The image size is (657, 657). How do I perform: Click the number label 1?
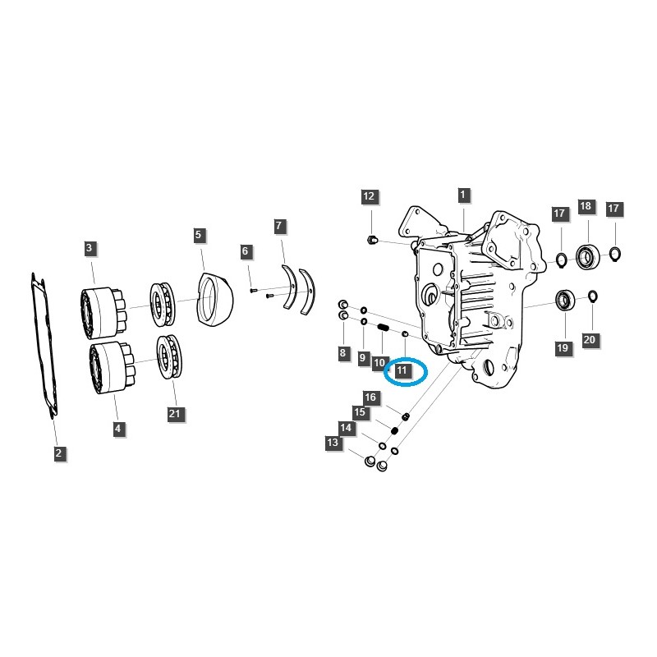pyautogui.click(x=463, y=195)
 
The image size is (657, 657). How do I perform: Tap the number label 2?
pyautogui.click(x=59, y=453)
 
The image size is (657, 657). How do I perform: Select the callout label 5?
pyautogui.click(x=198, y=235)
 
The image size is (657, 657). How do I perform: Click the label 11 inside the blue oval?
pyautogui.click(x=402, y=371)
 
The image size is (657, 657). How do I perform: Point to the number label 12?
pyautogui.click(x=369, y=196)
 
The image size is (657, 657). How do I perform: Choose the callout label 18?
pyautogui.click(x=586, y=206)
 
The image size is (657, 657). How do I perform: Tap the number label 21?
pyautogui.click(x=174, y=413)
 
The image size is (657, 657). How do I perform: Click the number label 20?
pyautogui.click(x=588, y=339)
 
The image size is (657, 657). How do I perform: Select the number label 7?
pyautogui.click(x=279, y=225)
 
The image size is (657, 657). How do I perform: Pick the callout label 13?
pyautogui.click(x=333, y=443)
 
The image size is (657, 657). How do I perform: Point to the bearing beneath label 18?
pyautogui.click(x=586, y=257)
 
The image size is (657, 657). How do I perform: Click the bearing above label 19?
pyautogui.click(x=564, y=301)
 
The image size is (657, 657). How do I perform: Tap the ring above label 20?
pyautogui.click(x=592, y=296)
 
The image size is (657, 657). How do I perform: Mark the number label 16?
pyautogui.click(x=371, y=397)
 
